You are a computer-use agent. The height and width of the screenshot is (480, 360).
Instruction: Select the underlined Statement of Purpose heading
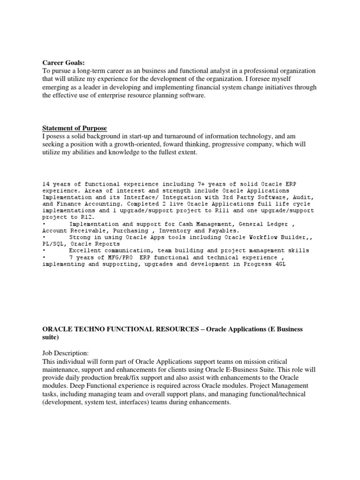(x=75, y=128)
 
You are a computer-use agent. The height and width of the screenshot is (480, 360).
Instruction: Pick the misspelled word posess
(x=56, y=136)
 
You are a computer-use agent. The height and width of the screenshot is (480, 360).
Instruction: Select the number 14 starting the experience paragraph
(x=46, y=184)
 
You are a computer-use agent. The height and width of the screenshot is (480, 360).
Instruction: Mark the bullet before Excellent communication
(x=44, y=251)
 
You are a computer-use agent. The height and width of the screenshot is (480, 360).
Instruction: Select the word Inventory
(x=176, y=231)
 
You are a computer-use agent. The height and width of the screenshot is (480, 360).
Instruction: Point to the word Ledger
(x=278, y=224)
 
